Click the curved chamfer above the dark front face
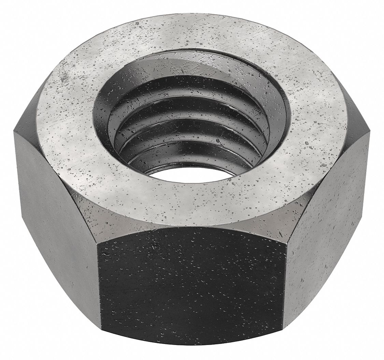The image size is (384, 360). pos(191,232)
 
